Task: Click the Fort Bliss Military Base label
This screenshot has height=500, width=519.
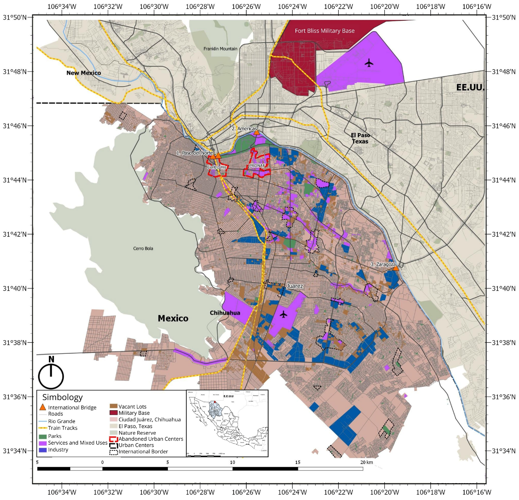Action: [x=324, y=31]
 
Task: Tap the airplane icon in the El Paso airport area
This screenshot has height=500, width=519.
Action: [x=369, y=63]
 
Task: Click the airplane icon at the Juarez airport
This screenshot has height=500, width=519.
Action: [x=283, y=314]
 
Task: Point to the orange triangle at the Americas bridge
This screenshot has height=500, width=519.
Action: [x=257, y=133]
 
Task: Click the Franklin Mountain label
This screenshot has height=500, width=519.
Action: [x=220, y=49]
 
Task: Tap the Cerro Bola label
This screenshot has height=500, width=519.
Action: [x=143, y=249]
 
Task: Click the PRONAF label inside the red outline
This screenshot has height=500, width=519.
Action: [x=257, y=166]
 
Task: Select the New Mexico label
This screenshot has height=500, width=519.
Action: [x=83, y=73]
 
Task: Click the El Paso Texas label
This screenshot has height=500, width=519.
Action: [x=360, y=138]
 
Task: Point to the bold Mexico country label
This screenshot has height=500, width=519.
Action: [x=173, y=318]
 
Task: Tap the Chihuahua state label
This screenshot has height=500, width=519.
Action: [x=225, y=313]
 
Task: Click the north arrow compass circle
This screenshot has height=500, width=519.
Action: [x=51, y=376]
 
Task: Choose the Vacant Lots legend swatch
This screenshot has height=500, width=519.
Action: [x=114, y=407]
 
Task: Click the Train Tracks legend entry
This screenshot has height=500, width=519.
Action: [x=62, y=428]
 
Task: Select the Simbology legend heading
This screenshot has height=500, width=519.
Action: [x=62, y=397]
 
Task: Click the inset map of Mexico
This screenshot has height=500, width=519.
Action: [x=227, y=423]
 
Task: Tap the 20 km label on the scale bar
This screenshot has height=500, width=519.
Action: [x=367, y=462]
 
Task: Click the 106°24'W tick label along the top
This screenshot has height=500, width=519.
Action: [x=292, y=7]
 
